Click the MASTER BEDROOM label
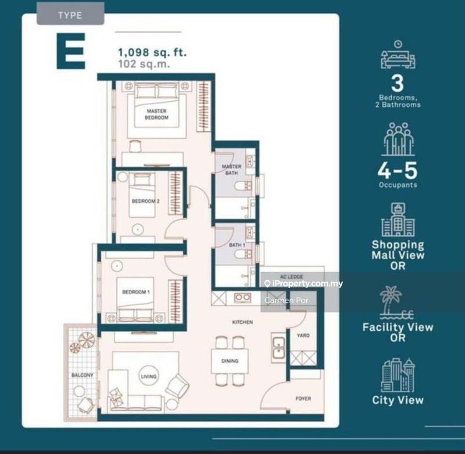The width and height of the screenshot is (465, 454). [x=157, y=114]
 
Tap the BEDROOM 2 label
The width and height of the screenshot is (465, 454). [x=145, y=201]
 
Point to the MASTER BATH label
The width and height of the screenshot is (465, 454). [x=231, y=170]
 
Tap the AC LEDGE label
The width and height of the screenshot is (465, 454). [x=289, y=276]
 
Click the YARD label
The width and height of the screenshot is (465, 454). [x=303, y=335]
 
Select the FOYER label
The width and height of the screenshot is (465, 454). [x=303, y=399]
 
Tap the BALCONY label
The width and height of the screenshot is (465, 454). [x=82, y=376]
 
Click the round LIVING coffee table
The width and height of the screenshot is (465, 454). [x=149, y=377]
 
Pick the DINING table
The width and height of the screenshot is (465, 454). [x=230, y=361]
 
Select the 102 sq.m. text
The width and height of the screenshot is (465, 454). [x=144, y=65]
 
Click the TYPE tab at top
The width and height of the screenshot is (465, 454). [x=70, y=15]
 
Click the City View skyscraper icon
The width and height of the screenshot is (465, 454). [x=398, y=375]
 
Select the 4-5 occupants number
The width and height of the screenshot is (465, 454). [x=398, y=171]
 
